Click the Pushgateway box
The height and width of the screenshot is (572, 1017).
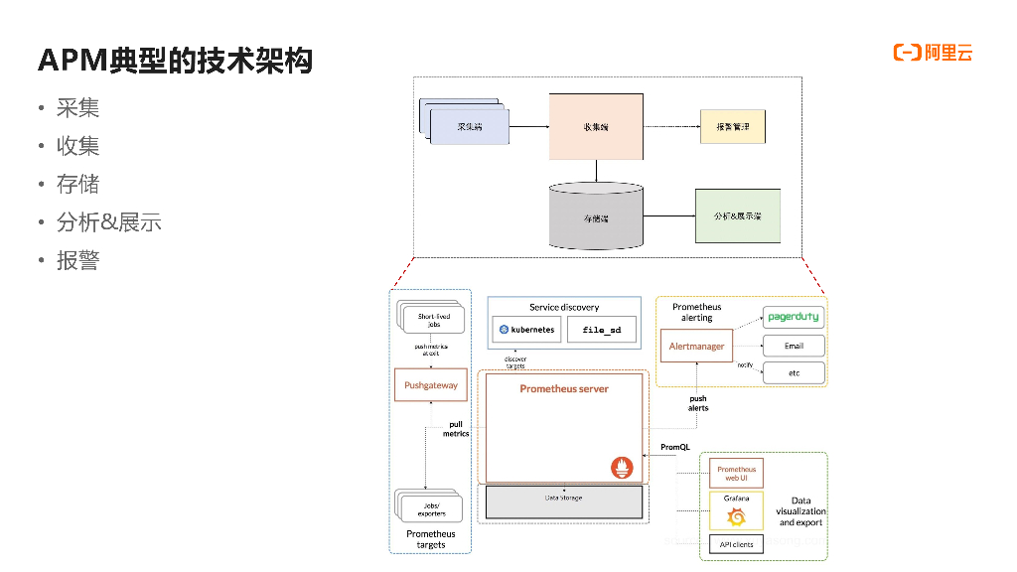tap(431, 384)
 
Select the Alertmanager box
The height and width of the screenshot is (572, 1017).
tap(696, 347)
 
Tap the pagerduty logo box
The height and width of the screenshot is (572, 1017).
tap(794, 318)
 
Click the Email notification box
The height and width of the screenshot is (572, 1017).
tap(794, 346)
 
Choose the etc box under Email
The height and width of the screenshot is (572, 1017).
tap(794, 373)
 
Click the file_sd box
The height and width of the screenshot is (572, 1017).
tap(602, 329)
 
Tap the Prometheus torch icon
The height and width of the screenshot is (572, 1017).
tap(624, 467)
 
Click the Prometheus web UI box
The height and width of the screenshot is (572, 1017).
tap(736, 474)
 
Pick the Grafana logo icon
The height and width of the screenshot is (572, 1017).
tap(736, 515)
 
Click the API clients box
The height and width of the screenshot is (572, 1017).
tap(736, 544)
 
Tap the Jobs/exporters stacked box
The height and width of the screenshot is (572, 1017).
tap(431, 508)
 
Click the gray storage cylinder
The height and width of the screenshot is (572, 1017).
tap(596, 216)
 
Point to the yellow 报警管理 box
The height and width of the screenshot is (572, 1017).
tap(733, 127)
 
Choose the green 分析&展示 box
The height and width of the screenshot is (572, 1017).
tap(737, 215)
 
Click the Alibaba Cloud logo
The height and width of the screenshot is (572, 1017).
tap(933, 53)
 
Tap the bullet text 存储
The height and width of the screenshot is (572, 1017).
tap(77, 185)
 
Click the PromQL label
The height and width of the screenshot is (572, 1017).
tap(675, 448)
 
